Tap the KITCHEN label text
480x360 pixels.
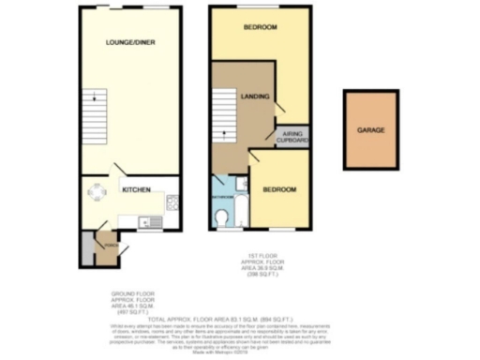[x=137, y=190]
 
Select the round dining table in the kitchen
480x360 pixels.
[x=97, y=193]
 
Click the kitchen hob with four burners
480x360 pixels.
[x=172, y=202]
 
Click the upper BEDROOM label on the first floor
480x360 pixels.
[x=260, y=28]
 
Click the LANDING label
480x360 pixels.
[x=256, y=97]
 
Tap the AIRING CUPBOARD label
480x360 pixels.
[x=295, y=138]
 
